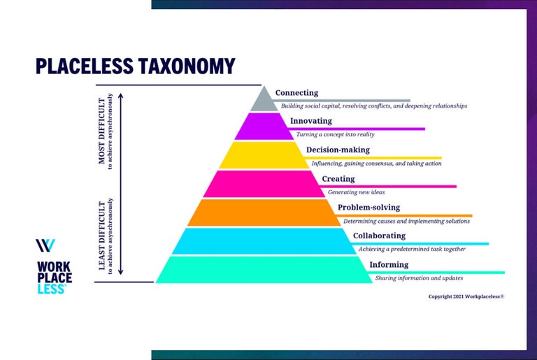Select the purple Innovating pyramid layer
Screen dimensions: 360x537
264,127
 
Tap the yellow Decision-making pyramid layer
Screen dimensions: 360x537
264,155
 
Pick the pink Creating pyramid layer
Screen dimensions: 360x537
264,184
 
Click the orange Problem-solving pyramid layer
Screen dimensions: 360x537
264,213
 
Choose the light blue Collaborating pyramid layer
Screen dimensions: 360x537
264,241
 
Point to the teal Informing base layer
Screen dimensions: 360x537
264,269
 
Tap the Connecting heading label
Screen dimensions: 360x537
296,93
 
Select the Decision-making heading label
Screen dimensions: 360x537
338,150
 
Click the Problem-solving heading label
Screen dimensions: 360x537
368,208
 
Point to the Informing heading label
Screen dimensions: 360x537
389,265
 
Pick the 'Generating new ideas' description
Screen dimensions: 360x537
357,192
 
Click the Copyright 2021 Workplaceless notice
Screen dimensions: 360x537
466,296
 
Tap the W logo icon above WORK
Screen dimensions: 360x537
45,246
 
